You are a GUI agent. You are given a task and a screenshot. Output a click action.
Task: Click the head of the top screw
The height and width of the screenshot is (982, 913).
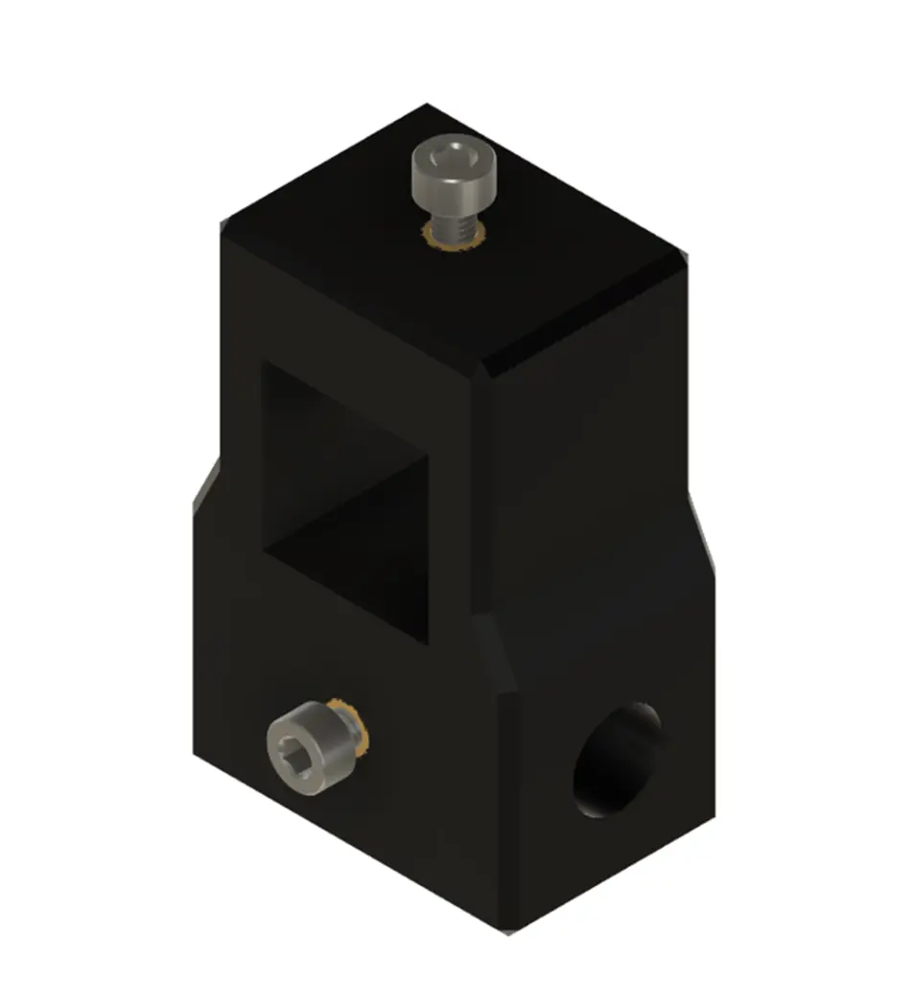coord(456,177)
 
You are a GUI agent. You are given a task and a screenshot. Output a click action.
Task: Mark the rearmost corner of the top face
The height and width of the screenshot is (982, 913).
coord(427,107)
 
